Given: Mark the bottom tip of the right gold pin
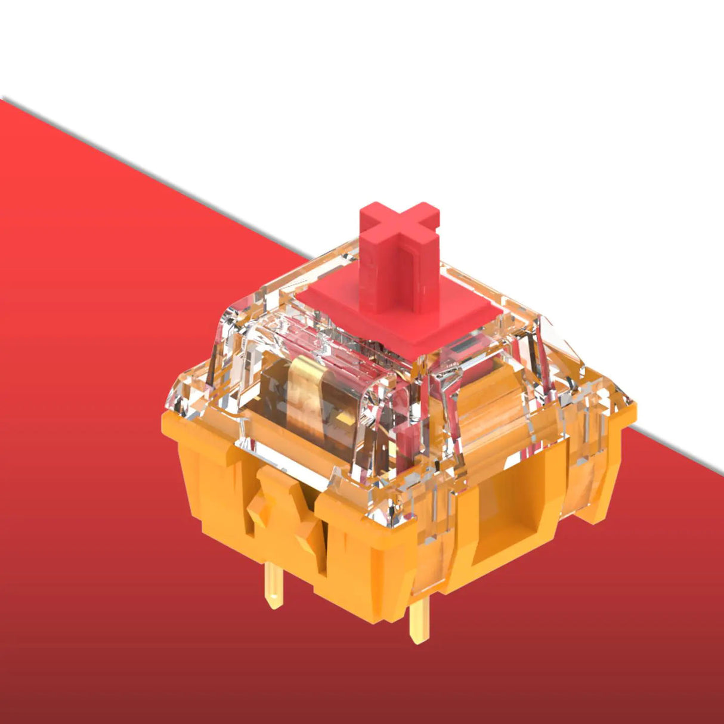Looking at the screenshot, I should point(419,641).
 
